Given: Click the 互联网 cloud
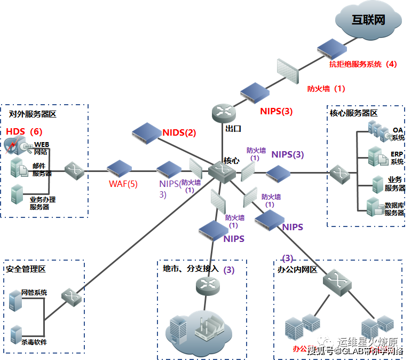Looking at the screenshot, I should tap(368, 21).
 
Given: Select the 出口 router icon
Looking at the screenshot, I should tap(222, 112).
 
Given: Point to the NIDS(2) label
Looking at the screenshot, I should tap(179, 132).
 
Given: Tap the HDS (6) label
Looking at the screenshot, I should tap(24, 131).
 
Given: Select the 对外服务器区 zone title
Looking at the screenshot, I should tap(33, 114).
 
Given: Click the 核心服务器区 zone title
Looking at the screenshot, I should tap(353, 113).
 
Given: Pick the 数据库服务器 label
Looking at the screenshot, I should tap(394, 209).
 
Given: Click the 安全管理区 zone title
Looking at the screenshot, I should tap(26, 269).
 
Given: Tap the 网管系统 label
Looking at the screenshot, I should tap(34, 292).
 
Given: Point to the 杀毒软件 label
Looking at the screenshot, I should tap(34, 341).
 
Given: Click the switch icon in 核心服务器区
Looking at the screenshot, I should tap(339, 173).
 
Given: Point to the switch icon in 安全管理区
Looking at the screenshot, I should tap(70, 297).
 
